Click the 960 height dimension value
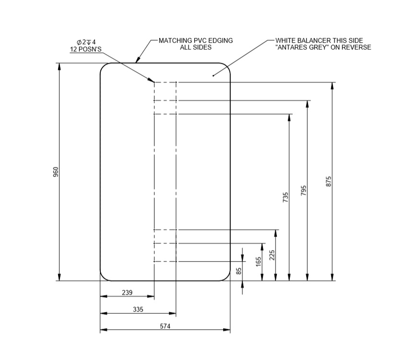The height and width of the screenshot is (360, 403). click(55, 172)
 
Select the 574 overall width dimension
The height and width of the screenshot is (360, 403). click(165, 326)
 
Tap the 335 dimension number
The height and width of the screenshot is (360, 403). click(138, 310)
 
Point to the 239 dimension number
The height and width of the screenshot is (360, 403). click(127, 292)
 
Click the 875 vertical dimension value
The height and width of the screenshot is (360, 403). click(329, 181)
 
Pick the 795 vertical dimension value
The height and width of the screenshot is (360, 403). click(303, 191)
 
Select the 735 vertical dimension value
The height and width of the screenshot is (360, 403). click(285, 197)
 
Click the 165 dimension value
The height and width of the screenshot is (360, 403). click(259, 262)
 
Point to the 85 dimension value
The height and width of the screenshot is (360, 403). click(238, 271)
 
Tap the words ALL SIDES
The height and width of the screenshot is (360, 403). click(195, 48)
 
